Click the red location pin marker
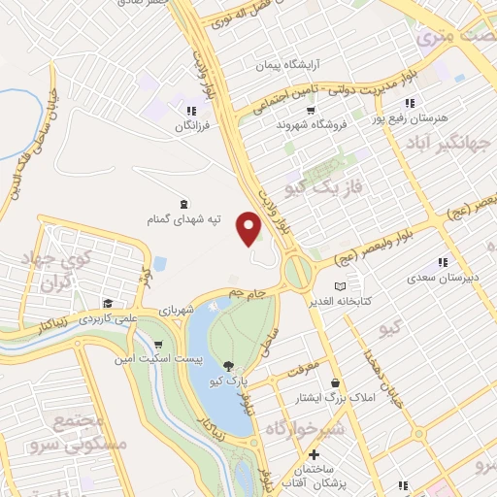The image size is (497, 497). [x=250, y=228]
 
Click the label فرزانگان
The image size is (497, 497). [x=192, y=126]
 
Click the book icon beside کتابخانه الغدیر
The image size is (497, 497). [x=339, y=286]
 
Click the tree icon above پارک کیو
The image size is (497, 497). [x=228, y=366]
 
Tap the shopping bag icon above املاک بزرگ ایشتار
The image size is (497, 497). [x=335, y=383]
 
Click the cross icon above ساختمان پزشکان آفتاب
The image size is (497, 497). [x=313, y=455]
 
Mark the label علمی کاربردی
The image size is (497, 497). [x=109, y=317]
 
